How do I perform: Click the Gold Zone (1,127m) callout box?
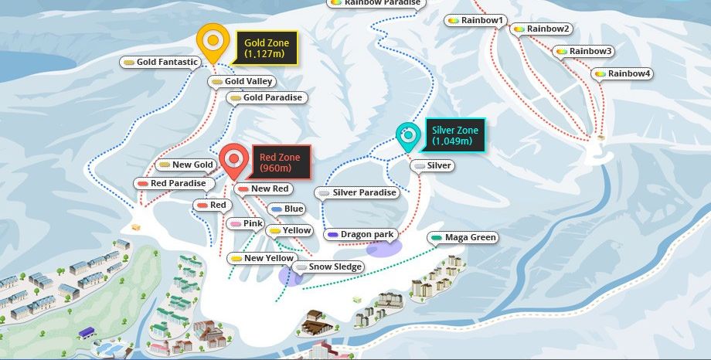tap(267, 49)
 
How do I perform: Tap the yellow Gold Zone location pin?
tap(213, 42)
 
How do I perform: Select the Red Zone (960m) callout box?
tap(279, 162)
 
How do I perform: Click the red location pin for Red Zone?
tap(234, 160)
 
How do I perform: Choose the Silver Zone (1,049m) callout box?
tap(454, 136)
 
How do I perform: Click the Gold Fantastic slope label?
tap(162, 62)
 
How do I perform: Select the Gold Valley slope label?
tap(243, 81)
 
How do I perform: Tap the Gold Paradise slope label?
tap(267, 97)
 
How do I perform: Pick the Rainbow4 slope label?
tap(623, 73)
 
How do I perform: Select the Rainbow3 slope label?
tap(584, 51)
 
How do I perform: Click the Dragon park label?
tap(361, 234)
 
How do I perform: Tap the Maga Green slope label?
tap(464, 237)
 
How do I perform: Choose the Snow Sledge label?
tap(328, 267)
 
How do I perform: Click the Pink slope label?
tap(247, 223)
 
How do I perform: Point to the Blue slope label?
tap(287, 209)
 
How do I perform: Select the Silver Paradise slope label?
tap(357, 192)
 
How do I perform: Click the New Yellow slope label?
tap(262, 258)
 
